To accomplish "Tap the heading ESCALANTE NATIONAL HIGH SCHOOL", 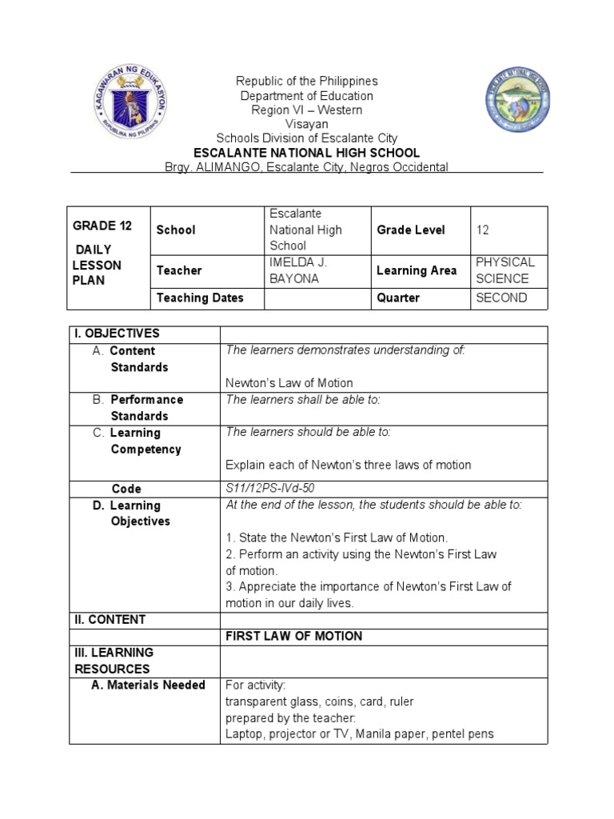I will [307, 153].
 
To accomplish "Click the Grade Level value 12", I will [482, 230].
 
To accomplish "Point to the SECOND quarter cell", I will [500, 298].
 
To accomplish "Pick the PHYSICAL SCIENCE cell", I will [504, 270].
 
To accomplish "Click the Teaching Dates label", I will [200, 298].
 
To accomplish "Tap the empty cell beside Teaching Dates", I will [317, 298].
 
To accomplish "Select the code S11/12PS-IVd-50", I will [276, 488].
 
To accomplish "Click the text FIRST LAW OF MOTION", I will [293, 636].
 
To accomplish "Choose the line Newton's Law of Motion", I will [289, 383].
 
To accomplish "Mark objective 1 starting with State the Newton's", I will [337, 537].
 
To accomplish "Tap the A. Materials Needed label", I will [150, 685].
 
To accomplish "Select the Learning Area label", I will [417, 270].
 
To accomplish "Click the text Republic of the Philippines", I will [306, 81].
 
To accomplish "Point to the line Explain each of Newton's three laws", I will [348, 465].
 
